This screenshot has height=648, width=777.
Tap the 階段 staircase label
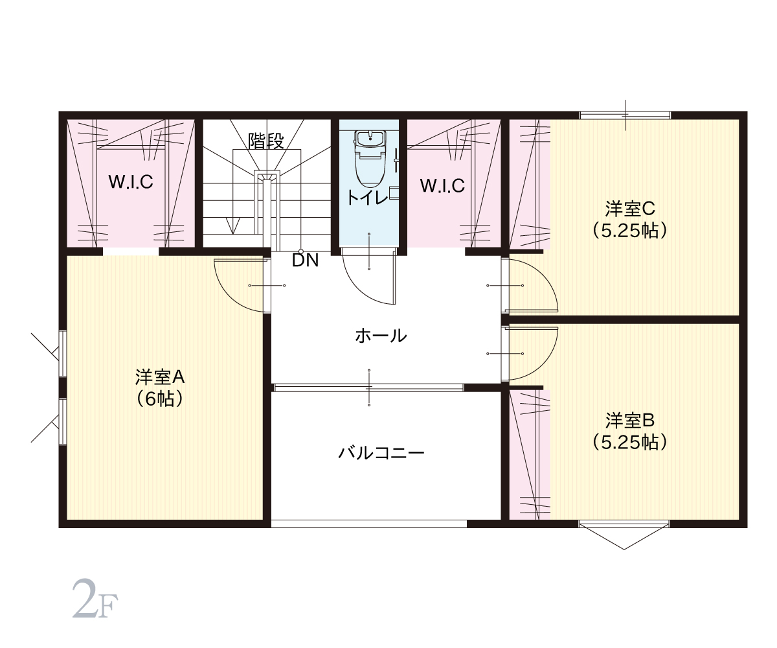[266, 141]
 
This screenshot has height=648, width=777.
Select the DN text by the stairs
[305, 260]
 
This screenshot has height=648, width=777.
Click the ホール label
[381, 336]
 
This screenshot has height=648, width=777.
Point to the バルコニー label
[381, 453]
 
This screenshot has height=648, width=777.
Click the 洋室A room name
[160, 377]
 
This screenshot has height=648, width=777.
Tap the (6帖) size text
[160, 399]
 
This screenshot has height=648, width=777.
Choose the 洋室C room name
[629, 209]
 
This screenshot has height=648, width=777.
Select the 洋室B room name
[629, 421]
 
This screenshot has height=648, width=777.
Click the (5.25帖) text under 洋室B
[629, 443]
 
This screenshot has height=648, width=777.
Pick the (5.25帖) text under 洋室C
[629, 231]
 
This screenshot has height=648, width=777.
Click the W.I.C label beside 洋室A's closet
[131, 182]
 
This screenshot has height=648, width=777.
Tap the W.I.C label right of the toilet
[442, 185]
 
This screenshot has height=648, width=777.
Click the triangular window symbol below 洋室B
[624, 537]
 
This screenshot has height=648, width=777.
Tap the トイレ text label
[368, 198]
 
